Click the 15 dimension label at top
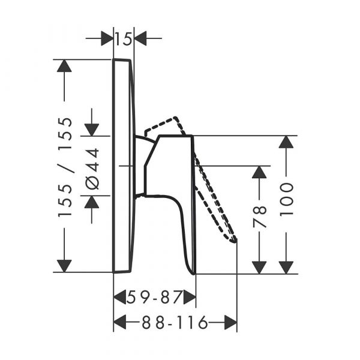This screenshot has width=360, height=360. coord(124,38)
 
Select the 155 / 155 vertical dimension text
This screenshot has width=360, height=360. coord(65,167)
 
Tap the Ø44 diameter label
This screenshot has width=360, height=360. coord(93,169)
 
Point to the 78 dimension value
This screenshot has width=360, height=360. coord(259,217)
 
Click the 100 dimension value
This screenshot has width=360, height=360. coord(287,199)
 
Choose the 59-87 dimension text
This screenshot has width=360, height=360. coord(154,297)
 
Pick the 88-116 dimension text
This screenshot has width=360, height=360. coord(175,322)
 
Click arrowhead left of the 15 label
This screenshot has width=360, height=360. coord(107,38)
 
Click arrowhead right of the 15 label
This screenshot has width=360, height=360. coord(140,38)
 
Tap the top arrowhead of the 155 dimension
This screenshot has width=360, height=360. coord(64,66)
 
